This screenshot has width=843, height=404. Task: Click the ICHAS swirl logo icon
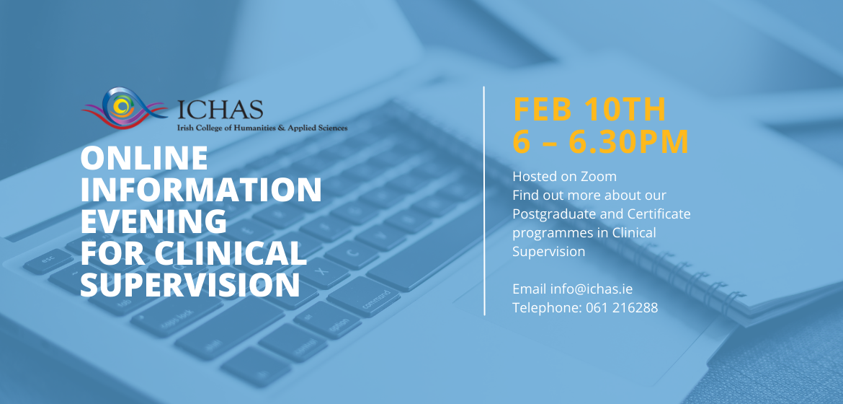point(124,107)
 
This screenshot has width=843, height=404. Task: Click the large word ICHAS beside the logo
point(220,110)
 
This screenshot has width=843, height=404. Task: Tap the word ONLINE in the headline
point(144,159)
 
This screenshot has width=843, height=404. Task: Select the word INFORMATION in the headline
point(201,190)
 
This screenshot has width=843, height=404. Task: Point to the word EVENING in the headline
point(153,221)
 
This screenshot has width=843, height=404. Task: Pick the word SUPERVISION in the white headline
point(190,285)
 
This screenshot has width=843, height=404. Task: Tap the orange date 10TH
point(626,110)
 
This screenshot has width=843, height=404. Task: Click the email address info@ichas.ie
point(591,289)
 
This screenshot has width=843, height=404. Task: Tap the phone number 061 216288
point(622,308)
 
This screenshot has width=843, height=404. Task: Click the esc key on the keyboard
point(48,260)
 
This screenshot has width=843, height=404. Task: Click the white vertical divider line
point(484,201)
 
